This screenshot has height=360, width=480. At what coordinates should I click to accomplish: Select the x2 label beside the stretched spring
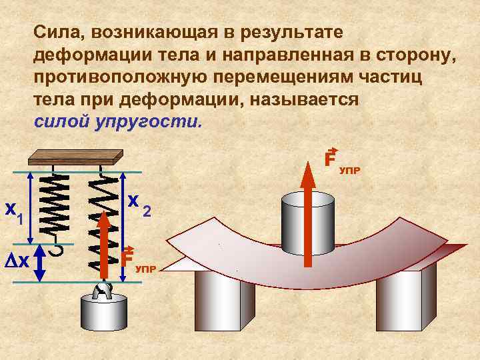click(139, 202)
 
